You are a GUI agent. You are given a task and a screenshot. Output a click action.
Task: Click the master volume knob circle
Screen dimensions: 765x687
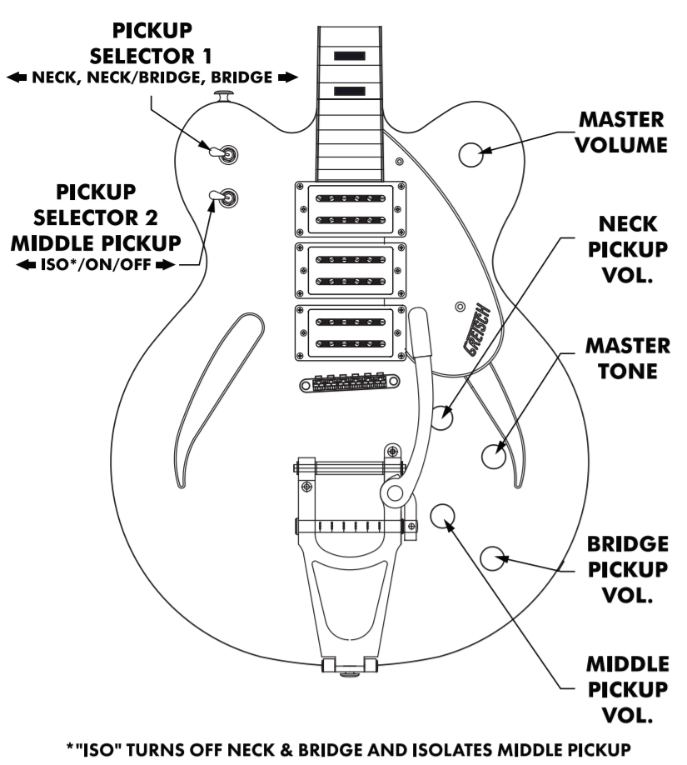470,153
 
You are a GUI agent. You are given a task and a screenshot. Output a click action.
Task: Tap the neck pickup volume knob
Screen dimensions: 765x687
442,416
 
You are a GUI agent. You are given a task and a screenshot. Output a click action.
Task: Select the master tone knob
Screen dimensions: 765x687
494,454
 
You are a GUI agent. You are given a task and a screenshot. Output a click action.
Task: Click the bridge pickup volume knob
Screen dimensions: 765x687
494,557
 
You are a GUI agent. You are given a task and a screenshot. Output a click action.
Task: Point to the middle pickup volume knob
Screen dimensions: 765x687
444,515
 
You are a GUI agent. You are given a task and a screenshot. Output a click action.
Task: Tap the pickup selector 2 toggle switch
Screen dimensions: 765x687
223,197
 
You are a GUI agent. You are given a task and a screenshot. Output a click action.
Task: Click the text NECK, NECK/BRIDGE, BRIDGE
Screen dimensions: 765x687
151,77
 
